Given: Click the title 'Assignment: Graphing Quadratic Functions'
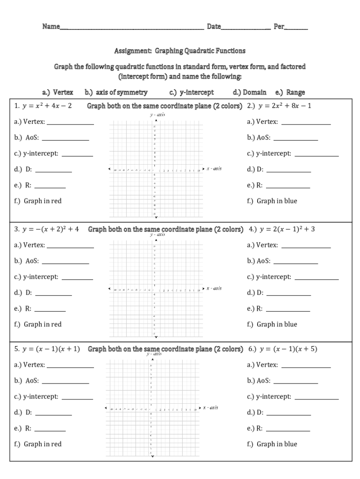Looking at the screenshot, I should point(180,51).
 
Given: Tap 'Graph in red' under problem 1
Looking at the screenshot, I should point(43,201).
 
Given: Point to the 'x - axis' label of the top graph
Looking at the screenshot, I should point(214,168).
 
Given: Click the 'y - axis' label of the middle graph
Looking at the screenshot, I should point(157,234).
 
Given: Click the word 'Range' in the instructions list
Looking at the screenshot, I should point(295,92).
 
